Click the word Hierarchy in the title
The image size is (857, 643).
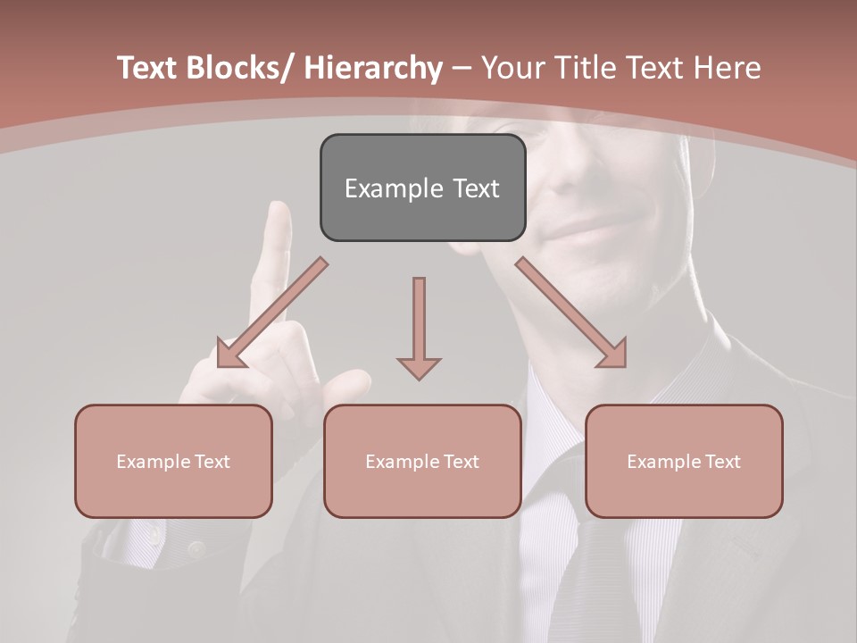(x=372, y=68)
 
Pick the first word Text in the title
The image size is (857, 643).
(x=151, y=68)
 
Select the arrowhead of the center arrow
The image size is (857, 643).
(x=419, y=367)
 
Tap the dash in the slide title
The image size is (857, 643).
(x=462, y=68)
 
